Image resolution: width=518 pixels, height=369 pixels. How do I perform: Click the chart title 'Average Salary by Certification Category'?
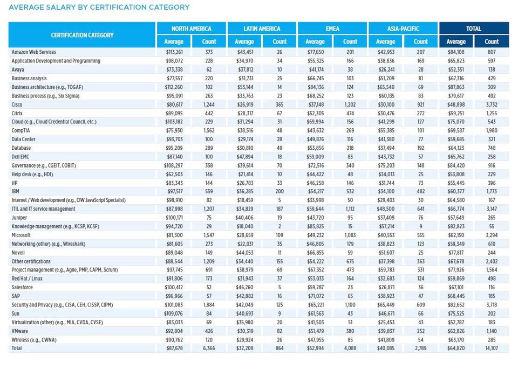click(99, 8)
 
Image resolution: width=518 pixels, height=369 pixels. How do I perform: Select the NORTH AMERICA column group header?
click(191, 29)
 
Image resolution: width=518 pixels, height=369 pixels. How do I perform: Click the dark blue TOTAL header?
click(473, 29)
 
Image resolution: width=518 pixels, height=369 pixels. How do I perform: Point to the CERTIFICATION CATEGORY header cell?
click(82, 35)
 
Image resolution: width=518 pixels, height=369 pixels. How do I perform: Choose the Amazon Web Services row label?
click(34, 52)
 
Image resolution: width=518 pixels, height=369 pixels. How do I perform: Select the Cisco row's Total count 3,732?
click(491, 105)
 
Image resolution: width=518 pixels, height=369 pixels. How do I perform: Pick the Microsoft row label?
click(21, 235)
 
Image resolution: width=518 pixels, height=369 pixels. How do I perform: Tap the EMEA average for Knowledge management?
click(315, 226)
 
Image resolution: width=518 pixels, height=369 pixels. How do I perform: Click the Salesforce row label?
click(23, 287)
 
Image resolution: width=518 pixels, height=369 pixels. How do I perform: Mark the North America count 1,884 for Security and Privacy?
click(209, 304)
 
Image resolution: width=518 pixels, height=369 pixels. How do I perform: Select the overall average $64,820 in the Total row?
click(455, 348)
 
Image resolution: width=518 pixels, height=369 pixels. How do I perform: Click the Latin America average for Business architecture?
click(244, 87)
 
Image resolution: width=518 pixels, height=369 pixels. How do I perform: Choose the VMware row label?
click(21, 331)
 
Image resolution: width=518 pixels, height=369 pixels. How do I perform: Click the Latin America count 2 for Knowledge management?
click(280, 226)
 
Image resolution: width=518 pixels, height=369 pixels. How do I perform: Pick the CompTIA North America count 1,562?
click(209, 130)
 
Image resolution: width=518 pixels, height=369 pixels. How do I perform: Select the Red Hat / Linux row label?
click(28, 279)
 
